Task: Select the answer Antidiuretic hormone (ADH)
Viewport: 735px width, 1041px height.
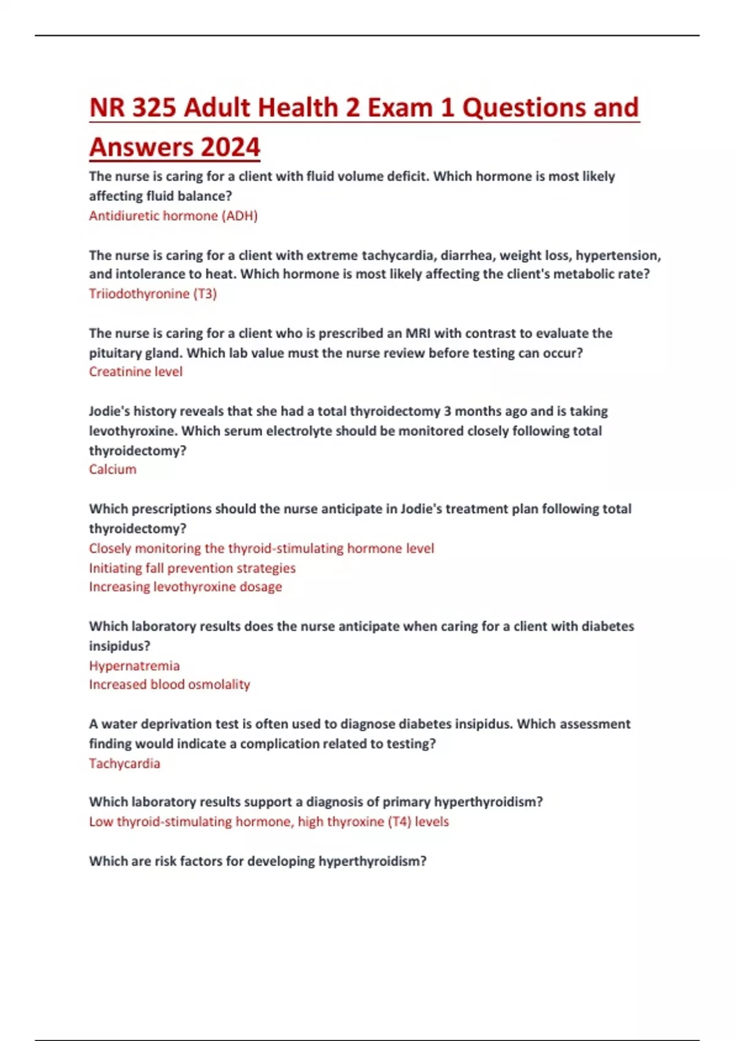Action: tap(173, 216)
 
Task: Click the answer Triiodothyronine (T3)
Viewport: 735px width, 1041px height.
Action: tap(153, 294)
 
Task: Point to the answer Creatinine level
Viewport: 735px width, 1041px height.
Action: tap(135, 372)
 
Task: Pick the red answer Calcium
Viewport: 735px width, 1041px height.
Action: tap(113, 470)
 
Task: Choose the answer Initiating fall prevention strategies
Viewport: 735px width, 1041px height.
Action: tap(192, 568)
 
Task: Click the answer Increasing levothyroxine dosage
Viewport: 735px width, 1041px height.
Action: tap(186, 587)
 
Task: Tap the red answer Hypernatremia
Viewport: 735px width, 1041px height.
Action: tap(134, 666)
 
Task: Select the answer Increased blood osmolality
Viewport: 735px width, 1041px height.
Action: tap(170, 685)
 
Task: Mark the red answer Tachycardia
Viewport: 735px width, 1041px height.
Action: tap(124, 764)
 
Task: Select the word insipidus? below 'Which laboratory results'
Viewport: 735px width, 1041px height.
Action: tap(119, 646)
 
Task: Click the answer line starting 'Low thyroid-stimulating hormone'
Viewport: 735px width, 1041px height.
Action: tap(269, 822)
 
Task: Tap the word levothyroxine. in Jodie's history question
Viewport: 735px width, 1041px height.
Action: tap(133, 431)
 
